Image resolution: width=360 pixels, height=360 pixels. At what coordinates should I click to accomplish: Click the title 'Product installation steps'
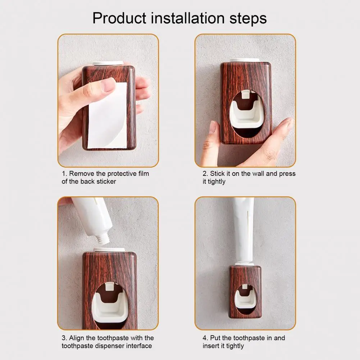point(179,18)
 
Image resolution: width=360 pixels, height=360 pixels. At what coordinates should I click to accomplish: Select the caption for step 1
point(105,177)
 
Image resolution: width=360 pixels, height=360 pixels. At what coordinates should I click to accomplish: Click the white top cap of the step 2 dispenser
point(245,60)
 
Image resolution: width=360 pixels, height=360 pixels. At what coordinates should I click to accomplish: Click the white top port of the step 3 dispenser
point(109,249)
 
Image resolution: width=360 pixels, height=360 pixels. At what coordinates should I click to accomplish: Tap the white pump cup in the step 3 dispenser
point(110,307)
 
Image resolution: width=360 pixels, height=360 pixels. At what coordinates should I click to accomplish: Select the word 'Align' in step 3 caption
point(77,338)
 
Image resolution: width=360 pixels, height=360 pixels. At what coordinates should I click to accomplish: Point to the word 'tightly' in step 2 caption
point(217,182)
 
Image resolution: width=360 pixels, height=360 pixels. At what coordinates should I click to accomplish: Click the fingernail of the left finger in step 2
point(213,127)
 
